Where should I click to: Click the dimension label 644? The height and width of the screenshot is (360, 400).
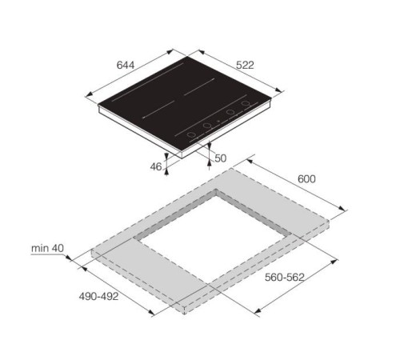click(126, 65)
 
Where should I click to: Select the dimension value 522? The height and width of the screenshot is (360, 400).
click(245, 65)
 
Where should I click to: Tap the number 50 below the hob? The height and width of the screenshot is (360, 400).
click(221, 158)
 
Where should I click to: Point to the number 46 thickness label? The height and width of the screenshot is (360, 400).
click(156, 167)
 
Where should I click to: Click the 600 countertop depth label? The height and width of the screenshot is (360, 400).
click(306, 179)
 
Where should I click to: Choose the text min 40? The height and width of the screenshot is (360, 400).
click(47, 248)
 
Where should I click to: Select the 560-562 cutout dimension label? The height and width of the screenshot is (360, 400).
click(285, 278)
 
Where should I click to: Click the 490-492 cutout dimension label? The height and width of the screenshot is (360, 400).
click(98, 296)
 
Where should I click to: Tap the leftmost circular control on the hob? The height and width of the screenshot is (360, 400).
click(191, 134)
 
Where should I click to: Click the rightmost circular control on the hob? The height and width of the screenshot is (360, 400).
click(246, 103)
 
